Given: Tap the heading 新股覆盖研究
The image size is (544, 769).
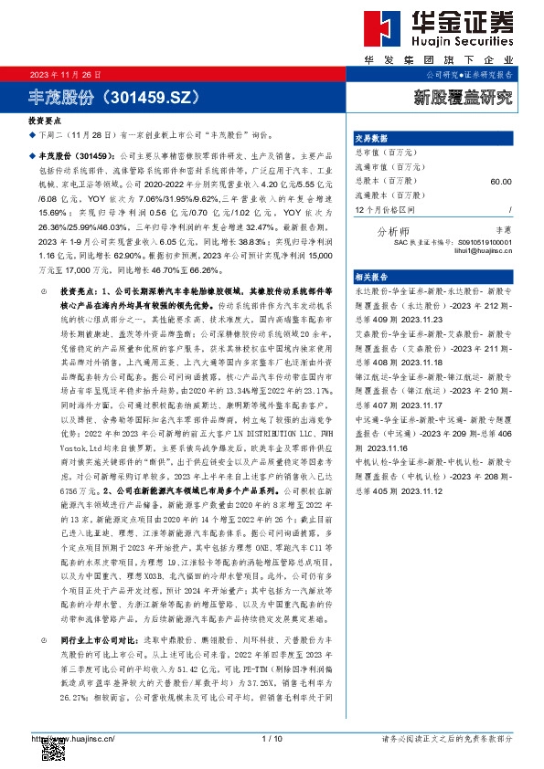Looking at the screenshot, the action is tap(464, 94).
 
